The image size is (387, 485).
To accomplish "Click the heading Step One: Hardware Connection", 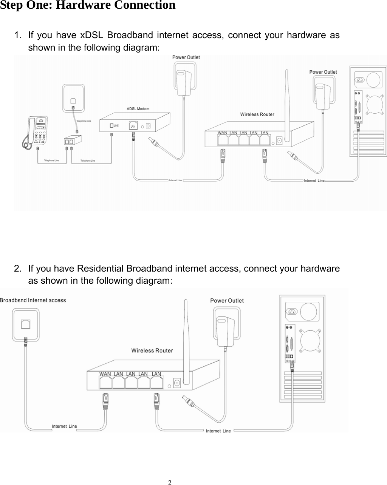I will click(x=88, y=6).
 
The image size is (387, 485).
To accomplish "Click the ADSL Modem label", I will click(x=138, y=109).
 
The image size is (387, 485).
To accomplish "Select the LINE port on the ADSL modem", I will click(x=113, y=125).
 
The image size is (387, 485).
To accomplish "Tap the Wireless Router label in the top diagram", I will click(x=257, y=114).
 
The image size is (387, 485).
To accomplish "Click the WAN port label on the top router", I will click(x=223, y=133).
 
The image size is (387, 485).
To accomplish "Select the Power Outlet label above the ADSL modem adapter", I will click(x=186, y=57).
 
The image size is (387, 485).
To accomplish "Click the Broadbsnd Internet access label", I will click(x=33, y=300).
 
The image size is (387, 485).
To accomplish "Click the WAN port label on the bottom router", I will click(x=105, y=374).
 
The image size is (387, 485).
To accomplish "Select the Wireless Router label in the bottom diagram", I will click(x=152, y=351).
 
